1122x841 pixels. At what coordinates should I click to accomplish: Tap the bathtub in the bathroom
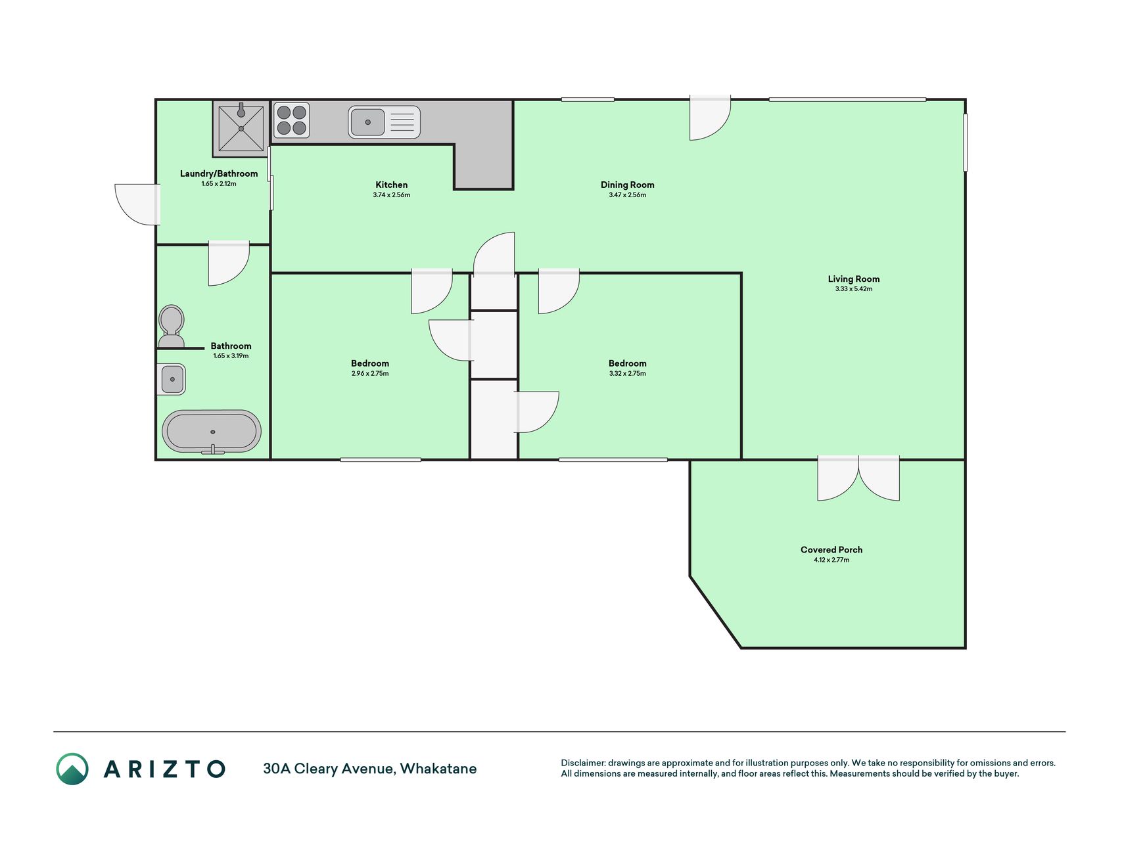pyautogui.click(x=212, y=432)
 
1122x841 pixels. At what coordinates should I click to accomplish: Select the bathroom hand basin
pyautogui.click(x=172, y=379)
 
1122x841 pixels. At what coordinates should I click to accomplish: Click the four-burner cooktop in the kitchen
pyautogui.click(x=291, y=120)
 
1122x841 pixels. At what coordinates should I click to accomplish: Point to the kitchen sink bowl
pyautogui.click(x=367, y=122)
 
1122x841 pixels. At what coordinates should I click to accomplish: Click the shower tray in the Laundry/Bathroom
pyautogui.click(x=241, y=128)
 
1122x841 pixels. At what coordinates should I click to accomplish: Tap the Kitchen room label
pyautogui.click(x=392, y=185)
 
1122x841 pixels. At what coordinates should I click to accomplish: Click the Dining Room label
pyautogui.click(x=628, y=185)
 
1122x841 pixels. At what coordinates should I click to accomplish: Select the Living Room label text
pyautogui.click(x=854, y=279)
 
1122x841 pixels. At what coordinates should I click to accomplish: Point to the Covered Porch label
pyautogui.click(x=831, y=549)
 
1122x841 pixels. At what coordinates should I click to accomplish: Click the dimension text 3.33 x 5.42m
pyautogui.click(x=854, y=289)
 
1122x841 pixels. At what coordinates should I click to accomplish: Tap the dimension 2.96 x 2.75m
pyautogui.click(x=370, y=373)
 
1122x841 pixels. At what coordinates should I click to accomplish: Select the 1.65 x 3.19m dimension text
pyautogui.click(x=231, y=356)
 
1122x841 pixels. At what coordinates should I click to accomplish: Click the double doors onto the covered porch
pyautogui.click(x=858, y=478)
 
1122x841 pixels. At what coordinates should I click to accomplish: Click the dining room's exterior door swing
pyautogui.click(x=710, y=118)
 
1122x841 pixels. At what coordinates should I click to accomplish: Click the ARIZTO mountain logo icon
pyautogui.click(x=72, y=769)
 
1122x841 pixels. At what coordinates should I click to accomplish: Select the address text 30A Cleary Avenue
pyautogui.click(x=329, y=769)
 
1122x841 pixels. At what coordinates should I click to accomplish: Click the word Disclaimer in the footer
pyautogui.click(x=583, y=763)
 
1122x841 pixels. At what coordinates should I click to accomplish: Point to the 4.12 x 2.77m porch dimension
pyautogui.click(x=831, y=560)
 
